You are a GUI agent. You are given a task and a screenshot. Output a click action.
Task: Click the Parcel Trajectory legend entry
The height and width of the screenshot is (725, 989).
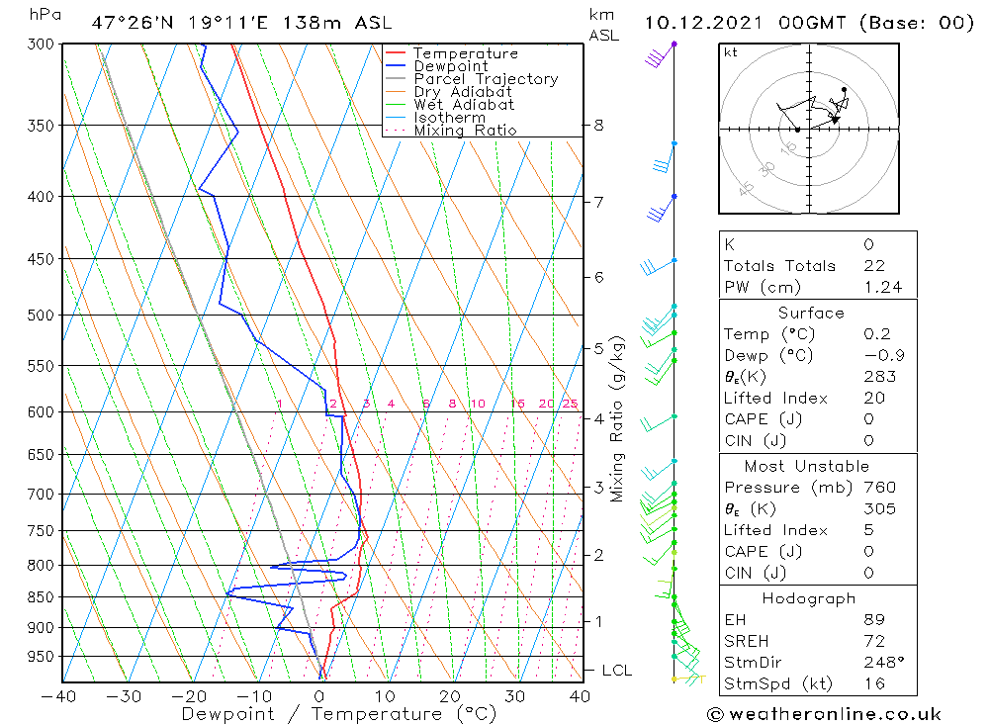(486, 79)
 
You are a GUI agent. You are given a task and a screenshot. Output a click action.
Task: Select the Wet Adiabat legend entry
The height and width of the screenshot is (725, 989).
(464, 105)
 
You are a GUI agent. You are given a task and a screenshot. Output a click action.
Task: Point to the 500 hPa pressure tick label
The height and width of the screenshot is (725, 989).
(41, 316)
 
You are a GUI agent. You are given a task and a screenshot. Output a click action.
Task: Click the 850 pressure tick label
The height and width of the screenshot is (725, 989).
(41, 597)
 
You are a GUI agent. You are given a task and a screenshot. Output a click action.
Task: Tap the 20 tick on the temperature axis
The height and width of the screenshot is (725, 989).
(450, 696)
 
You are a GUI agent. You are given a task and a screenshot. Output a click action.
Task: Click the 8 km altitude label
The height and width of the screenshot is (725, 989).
(598, 126)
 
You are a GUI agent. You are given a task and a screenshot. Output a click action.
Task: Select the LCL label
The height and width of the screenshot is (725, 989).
(616, 671)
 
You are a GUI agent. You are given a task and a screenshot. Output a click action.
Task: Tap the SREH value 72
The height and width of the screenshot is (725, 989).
(872, 641)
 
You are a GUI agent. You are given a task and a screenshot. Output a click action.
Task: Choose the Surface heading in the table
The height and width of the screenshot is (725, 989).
(811, 313)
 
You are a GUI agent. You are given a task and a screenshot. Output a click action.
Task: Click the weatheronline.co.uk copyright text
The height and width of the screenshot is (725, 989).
(824, 714)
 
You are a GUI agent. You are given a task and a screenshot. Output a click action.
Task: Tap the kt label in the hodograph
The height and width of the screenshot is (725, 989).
(731, 52)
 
